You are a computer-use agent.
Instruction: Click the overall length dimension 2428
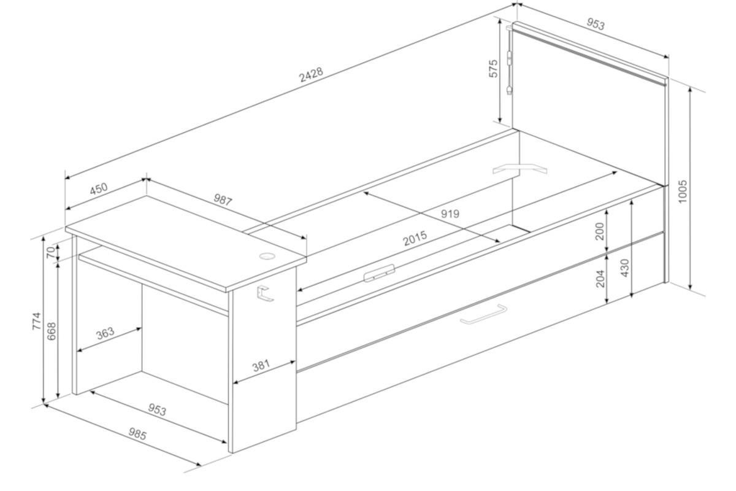[311, 75]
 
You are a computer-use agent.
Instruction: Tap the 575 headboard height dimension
[494, 68]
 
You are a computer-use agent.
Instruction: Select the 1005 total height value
[683, 191]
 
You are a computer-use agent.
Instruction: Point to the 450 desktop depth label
[99, 189]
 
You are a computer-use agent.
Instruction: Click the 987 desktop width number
[223, 199]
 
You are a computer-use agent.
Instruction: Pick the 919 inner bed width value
[450, 214]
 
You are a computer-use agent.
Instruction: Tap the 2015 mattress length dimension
[415, 238]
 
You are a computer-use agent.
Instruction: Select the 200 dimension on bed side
[600, 231]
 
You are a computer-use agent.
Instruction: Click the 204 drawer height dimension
[600, 278]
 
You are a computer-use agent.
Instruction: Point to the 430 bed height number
[625, 268]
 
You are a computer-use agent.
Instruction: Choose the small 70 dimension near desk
[51, 252]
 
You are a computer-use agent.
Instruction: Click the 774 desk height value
[36, 321]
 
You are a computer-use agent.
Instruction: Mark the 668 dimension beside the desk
[52, 331]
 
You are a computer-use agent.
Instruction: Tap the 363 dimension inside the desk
[105, 333]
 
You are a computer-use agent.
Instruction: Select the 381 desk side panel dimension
[261, 365]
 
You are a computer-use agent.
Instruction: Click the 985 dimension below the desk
[137, 434]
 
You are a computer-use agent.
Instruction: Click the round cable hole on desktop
[267, 256]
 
